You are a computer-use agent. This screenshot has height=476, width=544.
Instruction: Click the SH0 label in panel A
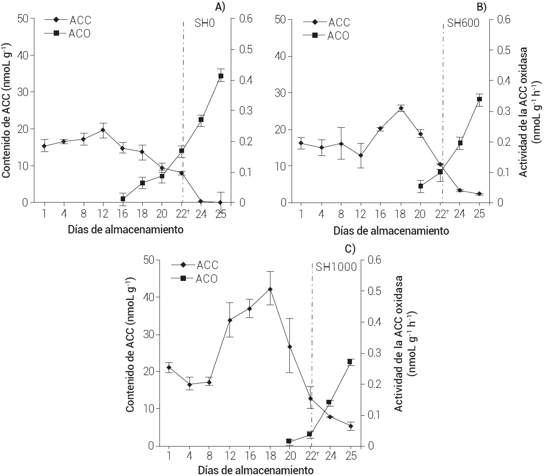point(205,23)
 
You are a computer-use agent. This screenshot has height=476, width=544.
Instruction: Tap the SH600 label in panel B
point(463,23)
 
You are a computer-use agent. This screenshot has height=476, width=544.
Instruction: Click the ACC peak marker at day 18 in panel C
point(270,289)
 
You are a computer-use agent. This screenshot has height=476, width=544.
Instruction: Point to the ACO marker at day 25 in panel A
point(221,76)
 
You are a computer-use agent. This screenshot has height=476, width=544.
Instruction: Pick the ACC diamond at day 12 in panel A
point(103,130)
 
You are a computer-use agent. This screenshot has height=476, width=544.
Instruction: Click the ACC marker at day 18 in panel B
point(401,108)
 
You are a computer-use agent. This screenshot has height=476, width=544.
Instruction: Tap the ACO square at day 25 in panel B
point(479,99)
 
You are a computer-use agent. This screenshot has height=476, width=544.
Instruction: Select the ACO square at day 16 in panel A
point(123,199)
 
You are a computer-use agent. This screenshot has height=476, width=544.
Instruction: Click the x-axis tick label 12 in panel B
point(361,214)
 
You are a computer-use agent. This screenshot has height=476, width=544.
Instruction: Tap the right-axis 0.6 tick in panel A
point(245,19)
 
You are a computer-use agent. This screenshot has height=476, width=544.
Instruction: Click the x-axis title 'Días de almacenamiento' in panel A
point(126,229)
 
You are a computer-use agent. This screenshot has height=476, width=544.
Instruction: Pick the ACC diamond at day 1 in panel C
point(169,367)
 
